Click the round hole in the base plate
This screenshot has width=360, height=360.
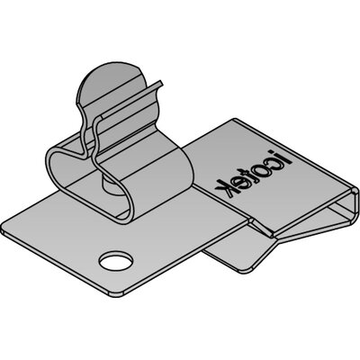tap(116, 260)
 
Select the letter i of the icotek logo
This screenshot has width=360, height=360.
tap(283, 159)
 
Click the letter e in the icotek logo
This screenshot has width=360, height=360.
tap(238, 180)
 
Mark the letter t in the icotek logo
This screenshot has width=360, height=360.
tap(249, 175)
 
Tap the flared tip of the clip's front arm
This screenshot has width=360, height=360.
tap(160, 84)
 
